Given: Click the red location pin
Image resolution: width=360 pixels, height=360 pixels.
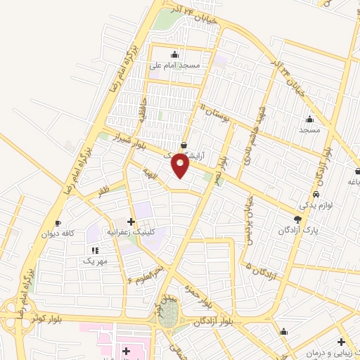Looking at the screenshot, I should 181,165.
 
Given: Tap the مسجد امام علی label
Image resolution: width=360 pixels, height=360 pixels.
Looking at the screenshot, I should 175,65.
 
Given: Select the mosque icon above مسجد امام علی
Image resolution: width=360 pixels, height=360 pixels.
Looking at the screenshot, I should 174,54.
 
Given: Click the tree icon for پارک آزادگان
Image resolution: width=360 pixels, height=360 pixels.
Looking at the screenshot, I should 297,219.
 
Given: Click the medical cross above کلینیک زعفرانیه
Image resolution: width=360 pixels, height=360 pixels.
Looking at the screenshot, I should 131,221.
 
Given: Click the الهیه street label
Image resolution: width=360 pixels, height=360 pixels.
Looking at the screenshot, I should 148,172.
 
